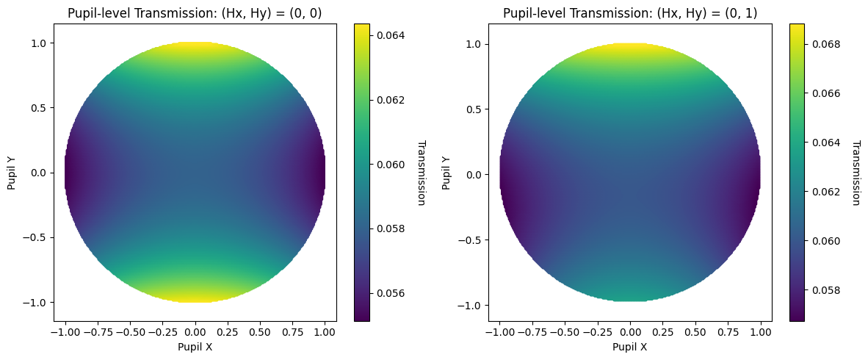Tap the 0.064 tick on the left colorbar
(390, 35)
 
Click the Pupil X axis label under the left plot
(195, 348)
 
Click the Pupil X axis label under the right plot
(630, 348)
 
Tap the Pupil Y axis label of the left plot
(12, 173)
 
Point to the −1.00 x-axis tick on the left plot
(65, 332)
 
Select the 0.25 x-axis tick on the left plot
(228, 332)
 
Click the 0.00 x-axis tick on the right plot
(630, 332)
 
